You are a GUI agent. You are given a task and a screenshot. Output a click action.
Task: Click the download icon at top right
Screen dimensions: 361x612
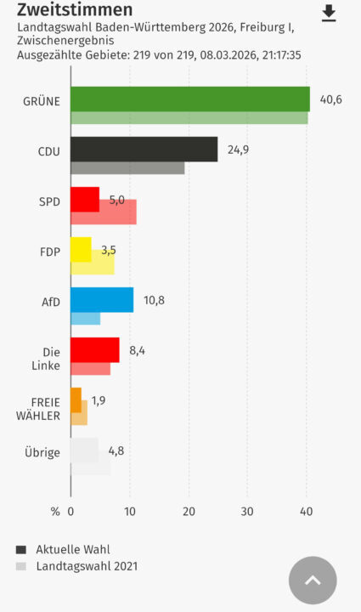click(x=329, y=14)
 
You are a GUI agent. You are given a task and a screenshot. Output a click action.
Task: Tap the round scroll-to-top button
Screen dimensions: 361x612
click(x=313, y=581)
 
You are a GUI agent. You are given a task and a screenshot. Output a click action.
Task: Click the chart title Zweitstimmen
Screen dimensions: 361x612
click(x=75, y=9)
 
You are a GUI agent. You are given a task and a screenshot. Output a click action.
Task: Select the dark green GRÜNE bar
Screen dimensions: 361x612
click(x=190, y=99)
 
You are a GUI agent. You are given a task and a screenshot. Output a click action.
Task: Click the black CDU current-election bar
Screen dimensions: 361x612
click(x=144, y=149)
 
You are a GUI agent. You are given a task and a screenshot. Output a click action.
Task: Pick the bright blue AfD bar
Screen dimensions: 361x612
click(x=102, y=300)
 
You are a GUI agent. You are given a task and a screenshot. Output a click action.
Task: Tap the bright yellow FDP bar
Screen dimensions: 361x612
click(x=81, y=249)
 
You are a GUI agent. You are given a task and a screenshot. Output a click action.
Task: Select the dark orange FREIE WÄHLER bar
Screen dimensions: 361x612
click(x=76, y=400)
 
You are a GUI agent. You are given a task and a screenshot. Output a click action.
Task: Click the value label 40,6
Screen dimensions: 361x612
click(x=331, y=99)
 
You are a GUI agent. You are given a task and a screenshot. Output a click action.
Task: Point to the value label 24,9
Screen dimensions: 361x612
click(x=238, y=150)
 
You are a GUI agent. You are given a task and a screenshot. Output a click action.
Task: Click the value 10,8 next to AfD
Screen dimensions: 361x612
click(x=154, y=300)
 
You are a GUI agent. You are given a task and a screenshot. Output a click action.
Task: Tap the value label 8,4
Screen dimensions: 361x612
click(x=138, y=350)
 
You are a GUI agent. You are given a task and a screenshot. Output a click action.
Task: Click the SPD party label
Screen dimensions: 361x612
click(x=49, y=201)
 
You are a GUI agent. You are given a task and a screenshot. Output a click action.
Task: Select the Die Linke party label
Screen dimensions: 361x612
click(x=46, y=359)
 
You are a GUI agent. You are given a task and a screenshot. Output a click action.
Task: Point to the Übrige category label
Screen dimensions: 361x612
click(x=42, y=452)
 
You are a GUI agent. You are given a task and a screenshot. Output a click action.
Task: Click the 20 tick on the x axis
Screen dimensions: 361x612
click(x=189, y=512)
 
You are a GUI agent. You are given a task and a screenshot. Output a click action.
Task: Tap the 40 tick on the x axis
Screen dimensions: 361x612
click(x=307, y=512)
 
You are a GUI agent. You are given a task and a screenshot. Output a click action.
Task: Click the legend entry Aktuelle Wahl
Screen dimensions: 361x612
click(x=73, y=550)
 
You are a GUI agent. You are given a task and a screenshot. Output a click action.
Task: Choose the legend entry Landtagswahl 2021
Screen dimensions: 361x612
click(x=87, y=566)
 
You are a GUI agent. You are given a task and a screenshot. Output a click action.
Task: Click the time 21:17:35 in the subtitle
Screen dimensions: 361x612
click(x=281, y=55)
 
